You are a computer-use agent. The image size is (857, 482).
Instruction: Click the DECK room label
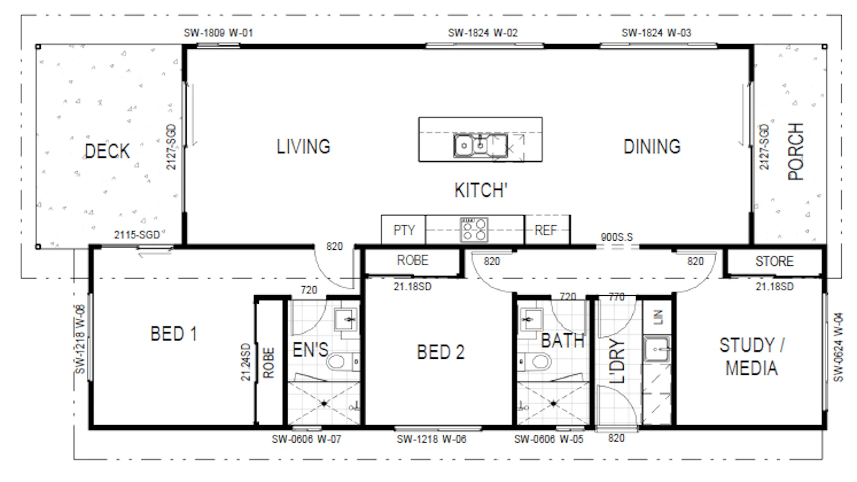[107, 151]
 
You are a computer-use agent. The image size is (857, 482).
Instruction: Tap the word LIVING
[304, 146]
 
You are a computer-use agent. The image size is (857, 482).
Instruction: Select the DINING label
[652, 146]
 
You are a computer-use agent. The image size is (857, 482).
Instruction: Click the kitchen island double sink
[471, 146]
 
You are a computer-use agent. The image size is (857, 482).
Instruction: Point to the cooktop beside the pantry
[474, 230]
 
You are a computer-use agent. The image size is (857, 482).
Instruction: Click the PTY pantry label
[404, 230]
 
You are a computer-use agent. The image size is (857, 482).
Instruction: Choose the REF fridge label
[546, 230]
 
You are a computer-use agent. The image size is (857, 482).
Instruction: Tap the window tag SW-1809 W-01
[219, 33]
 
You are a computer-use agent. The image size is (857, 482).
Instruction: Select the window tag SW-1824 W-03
[656, 33]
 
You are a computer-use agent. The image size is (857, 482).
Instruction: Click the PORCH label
[796, 152]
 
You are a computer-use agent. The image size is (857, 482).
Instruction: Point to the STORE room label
[774, 262]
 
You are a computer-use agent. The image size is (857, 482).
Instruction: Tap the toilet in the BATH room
[535, 362]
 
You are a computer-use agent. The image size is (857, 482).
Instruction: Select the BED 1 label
[174, 334]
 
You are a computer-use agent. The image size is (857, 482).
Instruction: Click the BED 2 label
[441, 352]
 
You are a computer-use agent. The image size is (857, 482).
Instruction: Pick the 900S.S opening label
[617, 238]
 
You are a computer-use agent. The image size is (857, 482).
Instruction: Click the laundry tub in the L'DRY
[657, 348]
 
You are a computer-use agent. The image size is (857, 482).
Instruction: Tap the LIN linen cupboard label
[658, 317]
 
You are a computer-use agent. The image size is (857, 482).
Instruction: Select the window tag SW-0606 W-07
[306, 439]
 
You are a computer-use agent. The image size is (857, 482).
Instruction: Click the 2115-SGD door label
[137, 235]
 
